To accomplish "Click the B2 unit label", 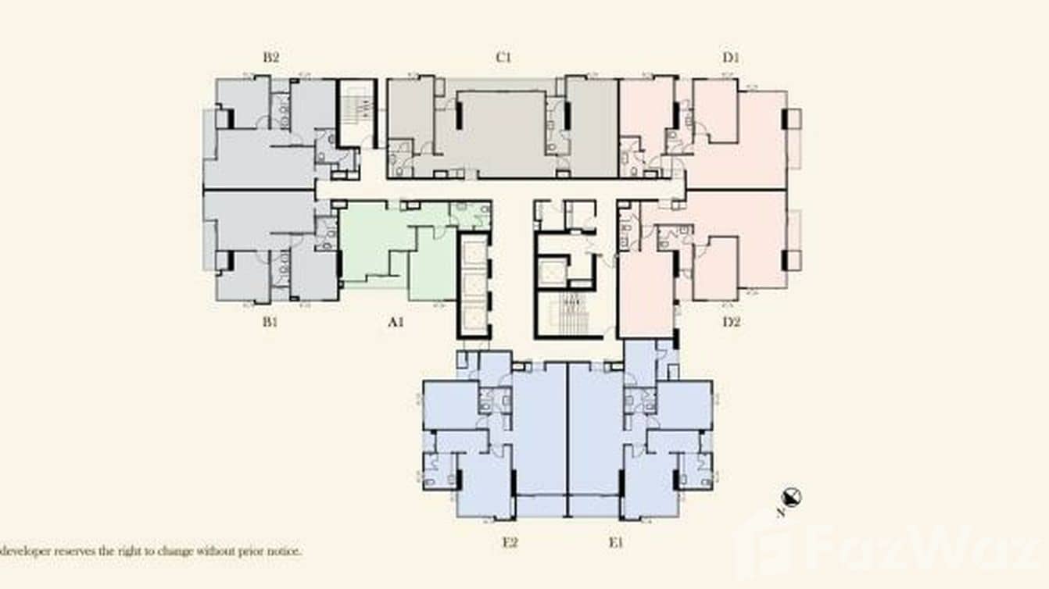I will pos(271,57).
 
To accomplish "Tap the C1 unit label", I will pos(503,57).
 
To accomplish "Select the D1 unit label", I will pos(731,57).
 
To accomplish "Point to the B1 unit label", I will pos(270,322).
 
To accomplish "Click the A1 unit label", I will pos(396,322).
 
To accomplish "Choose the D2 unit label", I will pos(731,322).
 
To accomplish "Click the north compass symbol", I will pos(792,498).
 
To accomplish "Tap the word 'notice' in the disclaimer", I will pos(283,551).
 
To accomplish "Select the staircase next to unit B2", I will pos(357,112).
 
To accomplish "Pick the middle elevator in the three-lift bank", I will pos(473,285).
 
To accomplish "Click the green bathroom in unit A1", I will pos(471,216).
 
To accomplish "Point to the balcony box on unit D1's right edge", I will pos(793,119).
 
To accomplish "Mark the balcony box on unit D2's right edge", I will pos(793,260).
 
